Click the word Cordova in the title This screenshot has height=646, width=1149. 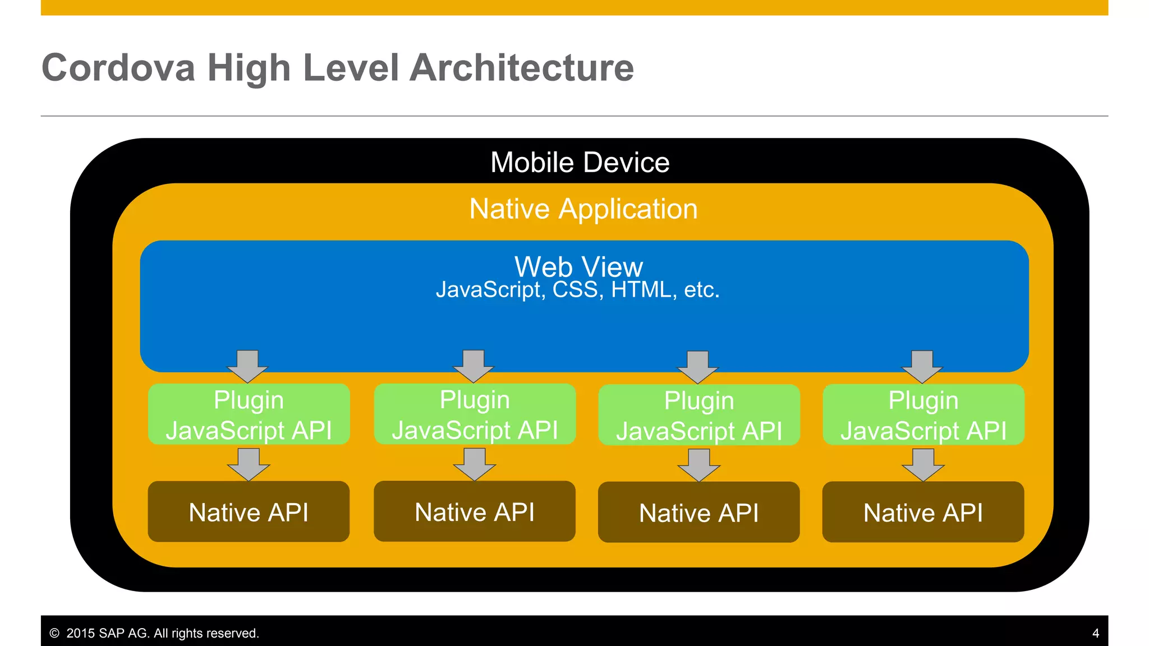pyautogui.click(x=118, y=68)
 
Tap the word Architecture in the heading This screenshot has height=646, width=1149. pyautogui.click(x=522, y=68)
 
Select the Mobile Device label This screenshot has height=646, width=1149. pyautogui.click(x=580, y=163)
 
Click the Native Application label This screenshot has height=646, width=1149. pyautogui.click(x=583, y=209)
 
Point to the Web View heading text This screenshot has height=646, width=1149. pyautogui.click(x=578, y=266)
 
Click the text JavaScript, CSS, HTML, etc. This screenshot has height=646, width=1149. pyautogui.click(x=577, y=290)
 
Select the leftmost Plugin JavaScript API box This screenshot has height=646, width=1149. pyautogui.click(x=249, y=415)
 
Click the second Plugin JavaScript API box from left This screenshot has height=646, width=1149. pyautogui.click(x=475, y=415)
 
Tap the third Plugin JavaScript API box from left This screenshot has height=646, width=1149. pyautogui.click(x=699, y=416)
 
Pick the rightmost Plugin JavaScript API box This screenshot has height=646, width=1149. pyautogui.click(x=923, y=416)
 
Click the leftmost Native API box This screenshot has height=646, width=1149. pyautogui.click(x=249, y=512)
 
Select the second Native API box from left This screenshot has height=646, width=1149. pyautogui.click(x=475, y=511)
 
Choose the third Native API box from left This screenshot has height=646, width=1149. pyautogui.click(x=699, y=513)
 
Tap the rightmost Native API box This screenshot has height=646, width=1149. pyautogui.click(x=923, y=513)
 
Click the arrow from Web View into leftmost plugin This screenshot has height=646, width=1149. pyautogui.click(x=247, y=366)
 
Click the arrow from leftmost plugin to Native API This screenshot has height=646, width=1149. pyautogui.click(x=249, y=464)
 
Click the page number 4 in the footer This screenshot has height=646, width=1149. pyautogui.click(x=1095, y=634)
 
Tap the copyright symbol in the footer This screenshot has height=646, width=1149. pyautogui.click(x=54, y=633)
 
